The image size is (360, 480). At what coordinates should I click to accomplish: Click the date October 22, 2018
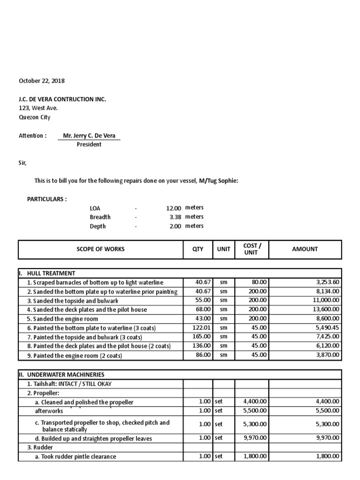coord(42,81)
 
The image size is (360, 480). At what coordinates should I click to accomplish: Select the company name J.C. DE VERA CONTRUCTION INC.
coord(62,99)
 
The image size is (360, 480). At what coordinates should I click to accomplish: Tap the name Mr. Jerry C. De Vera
coord(89,136)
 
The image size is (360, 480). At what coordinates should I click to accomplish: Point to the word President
coord(89,144)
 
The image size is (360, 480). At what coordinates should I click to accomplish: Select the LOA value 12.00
coord(173,208)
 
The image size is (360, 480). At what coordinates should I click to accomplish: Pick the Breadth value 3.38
coord(175,217)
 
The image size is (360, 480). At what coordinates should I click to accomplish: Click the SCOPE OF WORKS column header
coord(100,249)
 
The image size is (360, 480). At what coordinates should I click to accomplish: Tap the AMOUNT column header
coord(305,249)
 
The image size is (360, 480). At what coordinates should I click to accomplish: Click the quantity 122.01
coord(202,328)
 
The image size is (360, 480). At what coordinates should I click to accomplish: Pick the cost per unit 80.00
coord(259,283)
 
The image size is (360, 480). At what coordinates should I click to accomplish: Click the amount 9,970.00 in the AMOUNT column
coord(326,438)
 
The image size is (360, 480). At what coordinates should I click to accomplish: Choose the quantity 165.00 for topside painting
coord(202,337)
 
